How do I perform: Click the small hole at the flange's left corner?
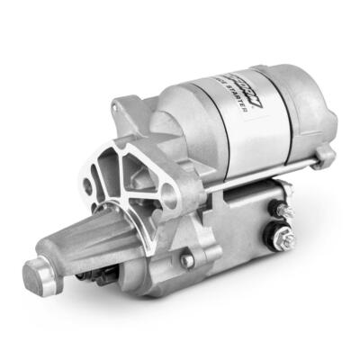click(x=87, y=186)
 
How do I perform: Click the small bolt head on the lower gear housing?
click(x=187, y=262)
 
